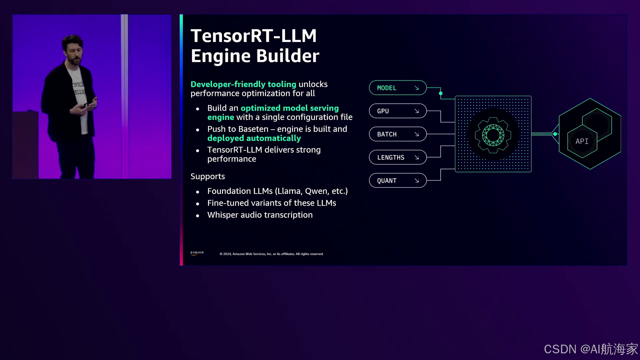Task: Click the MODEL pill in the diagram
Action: coord(397,88)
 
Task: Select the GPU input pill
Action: coord(397,111)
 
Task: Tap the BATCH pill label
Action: coord(387,134)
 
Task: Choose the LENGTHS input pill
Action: coord(397,157)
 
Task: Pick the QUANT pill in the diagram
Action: coord(397,181)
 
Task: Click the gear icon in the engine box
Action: coord(493,135)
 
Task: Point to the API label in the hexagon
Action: coord(582,141)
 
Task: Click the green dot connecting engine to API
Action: coord(555,134)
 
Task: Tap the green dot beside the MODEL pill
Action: coord(441,93)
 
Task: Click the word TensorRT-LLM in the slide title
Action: coord(253,36)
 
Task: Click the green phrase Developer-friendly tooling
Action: coord(243,84)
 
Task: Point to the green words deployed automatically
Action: coord(254,138)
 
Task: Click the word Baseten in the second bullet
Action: coord(254,129)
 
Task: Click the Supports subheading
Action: coord(208,176)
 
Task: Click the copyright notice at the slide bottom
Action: coord(271,254)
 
